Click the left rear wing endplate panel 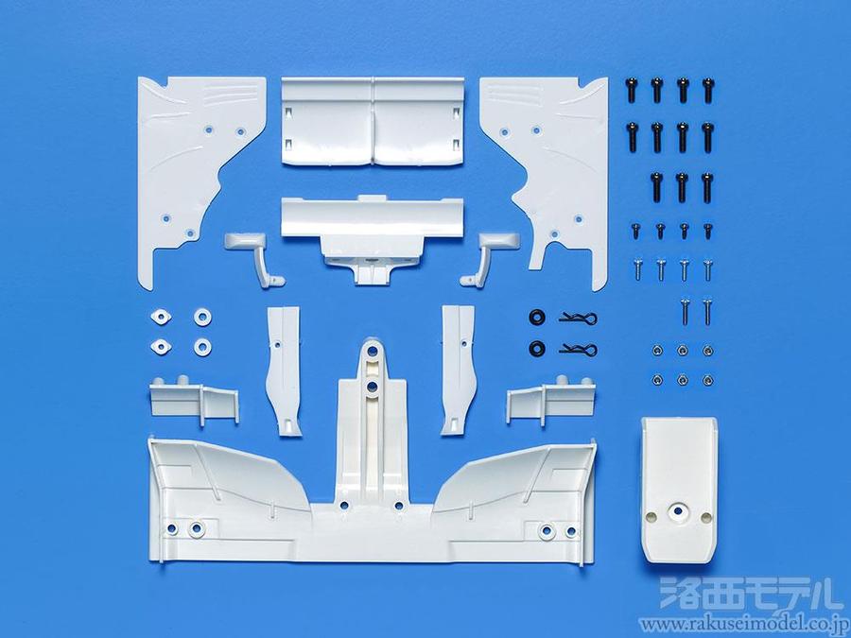(x=184, y=163)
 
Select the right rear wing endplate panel (x=559, y=163)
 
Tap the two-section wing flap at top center (x=373, y=121)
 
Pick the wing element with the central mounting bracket (x=373, y=233)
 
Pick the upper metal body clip (x=579, y=318)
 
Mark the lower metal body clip (x=579, y=349)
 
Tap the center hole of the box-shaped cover (x=677, y=510)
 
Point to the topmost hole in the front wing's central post (x=372, y=351)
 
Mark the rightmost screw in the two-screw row (x=706, y=311)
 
